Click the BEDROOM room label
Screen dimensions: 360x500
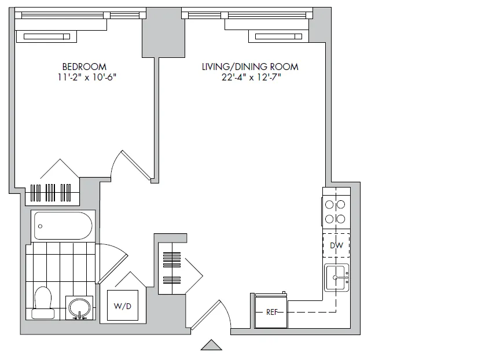click(84, 67)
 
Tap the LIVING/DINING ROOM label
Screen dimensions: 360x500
click(250, 67)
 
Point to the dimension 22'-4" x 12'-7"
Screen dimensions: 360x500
click(250, 78)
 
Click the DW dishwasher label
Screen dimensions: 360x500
click(336, 245)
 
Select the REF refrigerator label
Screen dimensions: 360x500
click(272, 312)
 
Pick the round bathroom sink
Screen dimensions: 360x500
click(79, 307)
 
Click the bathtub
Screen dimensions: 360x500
click(63, 226)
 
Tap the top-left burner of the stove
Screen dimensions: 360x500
click(330, 204)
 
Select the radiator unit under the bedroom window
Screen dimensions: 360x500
click(47, 37)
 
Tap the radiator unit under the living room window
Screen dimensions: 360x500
click(280, 37)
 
